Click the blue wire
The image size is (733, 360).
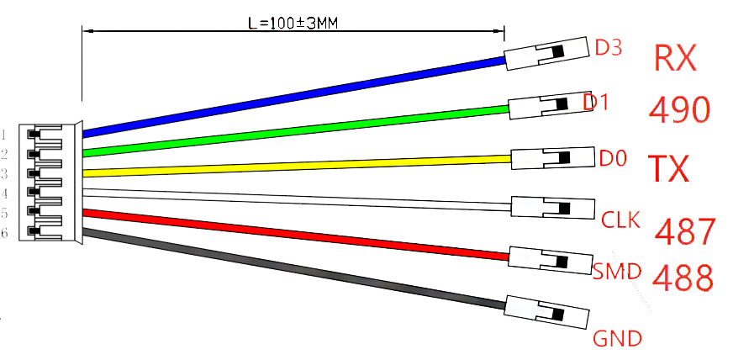(294, 97)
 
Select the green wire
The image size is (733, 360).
(295, 131)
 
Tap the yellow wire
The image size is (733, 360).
(297, 166)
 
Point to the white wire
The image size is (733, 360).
(297, 199)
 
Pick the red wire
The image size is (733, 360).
(296, 235)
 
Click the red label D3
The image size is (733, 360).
(609, 47)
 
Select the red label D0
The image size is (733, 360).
(613, 158)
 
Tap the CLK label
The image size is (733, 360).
(620, 220)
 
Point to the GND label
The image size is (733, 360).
(618, 338)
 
